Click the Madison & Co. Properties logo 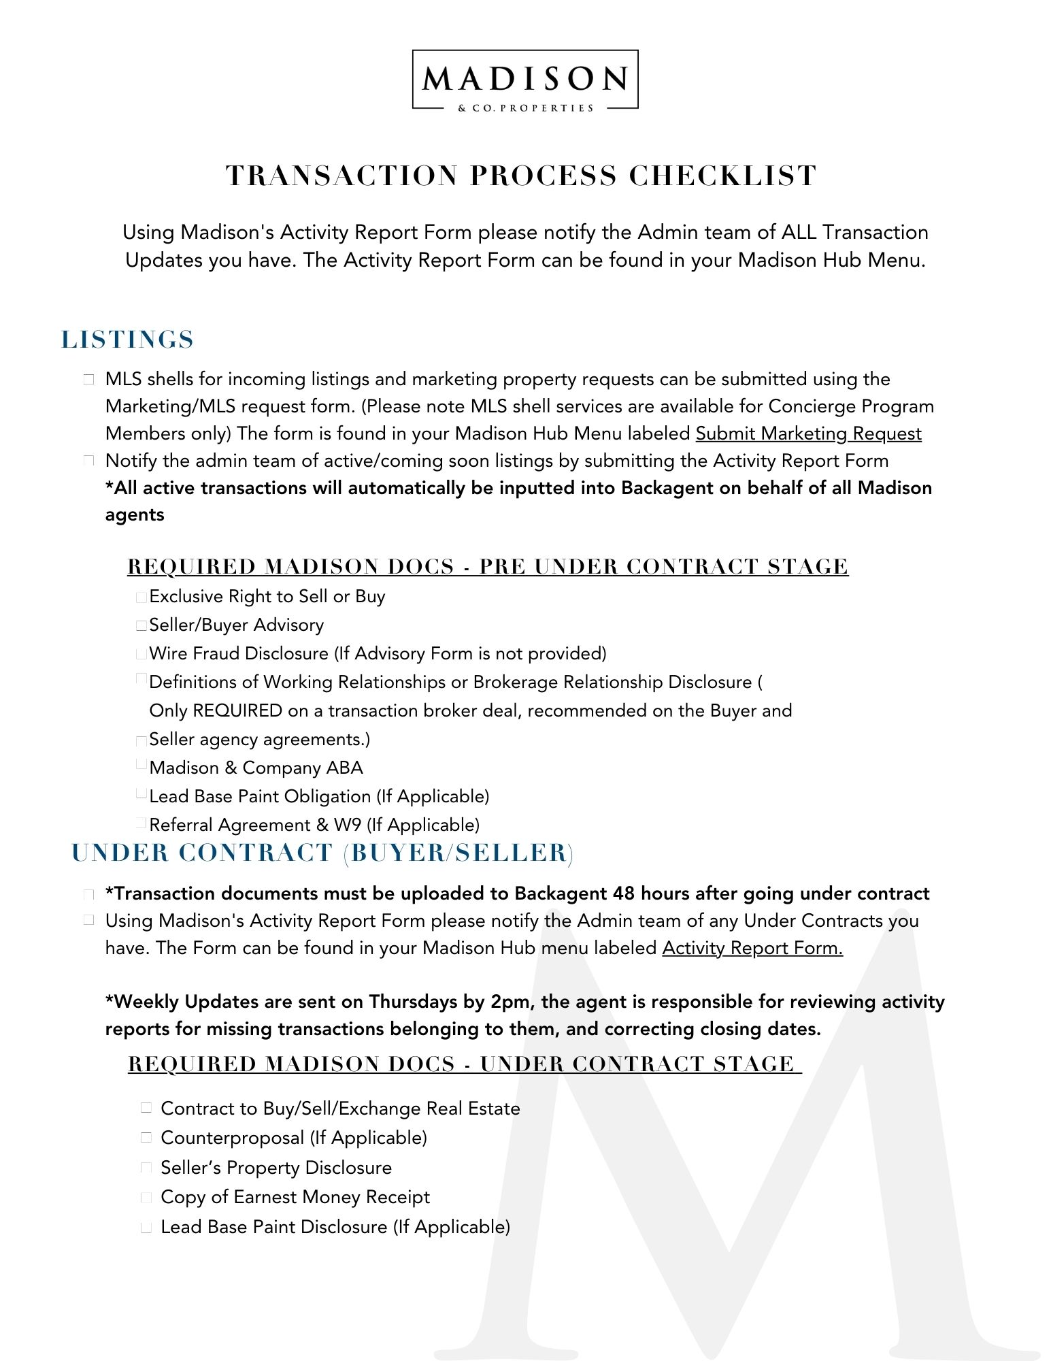pyautogui.click(x=525, y=80)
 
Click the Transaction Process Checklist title pyautogui.click(x=521, y=176)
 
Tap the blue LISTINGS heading pyautogui.click(x=128, y=340)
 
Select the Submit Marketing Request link pyautogui.click(x=808, y=433)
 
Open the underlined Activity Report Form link pyautogui.click(x=752, y=948)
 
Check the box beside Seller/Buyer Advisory pyautogui.click(x=141, y=625)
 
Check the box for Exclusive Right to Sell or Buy pyautogui.click(x=141, y=597)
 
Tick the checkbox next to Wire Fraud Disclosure pyautogui.click(x=141, y=654)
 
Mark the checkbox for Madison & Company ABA pyautogui.click(x=141, y=765)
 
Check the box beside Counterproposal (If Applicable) pyautogui.click(x=146, y=1137)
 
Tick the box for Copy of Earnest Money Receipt pyautogui.click(x=146, y=1197)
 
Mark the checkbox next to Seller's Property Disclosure pyautogui.click(x=146, y=1167)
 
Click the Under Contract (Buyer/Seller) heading pyautogui.click(x=322, y=853)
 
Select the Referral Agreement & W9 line pyautogui.click(x=314, y=825)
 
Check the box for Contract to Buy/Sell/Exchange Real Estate pyautogui.click(x=146, y=1107)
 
